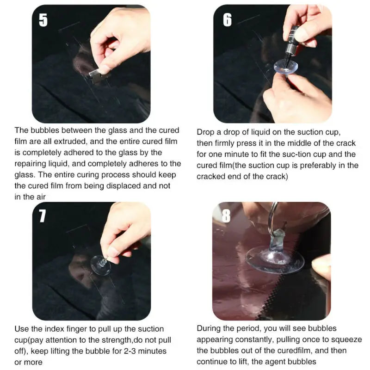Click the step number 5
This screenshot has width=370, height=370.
coord(43,20)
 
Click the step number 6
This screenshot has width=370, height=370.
coord(227,20)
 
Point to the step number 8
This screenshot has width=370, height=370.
coord(226,216)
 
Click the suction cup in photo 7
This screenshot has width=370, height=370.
coord(101,264)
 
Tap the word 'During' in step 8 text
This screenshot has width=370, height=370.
coord(209,328)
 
